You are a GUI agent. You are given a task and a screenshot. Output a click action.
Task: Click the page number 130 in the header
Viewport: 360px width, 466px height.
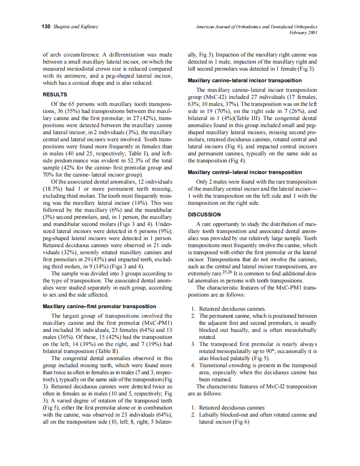pyautogui.click(x=45, y=27)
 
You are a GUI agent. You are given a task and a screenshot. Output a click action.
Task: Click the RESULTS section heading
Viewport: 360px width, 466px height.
pyautogui.click(x=55, y=95)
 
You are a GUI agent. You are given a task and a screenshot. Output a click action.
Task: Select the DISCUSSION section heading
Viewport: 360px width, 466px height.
pyautogui.click(x=204, y=215)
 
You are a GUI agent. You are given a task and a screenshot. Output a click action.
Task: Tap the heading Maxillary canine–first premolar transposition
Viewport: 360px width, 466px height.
pyautogui.click(x=99, y=307)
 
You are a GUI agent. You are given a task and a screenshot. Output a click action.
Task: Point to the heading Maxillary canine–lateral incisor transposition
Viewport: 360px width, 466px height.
pyautogui.click(x=245, y=81)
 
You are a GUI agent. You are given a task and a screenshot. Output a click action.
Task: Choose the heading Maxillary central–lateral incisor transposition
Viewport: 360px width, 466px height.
pyautogui.click(x=245, y=172)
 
